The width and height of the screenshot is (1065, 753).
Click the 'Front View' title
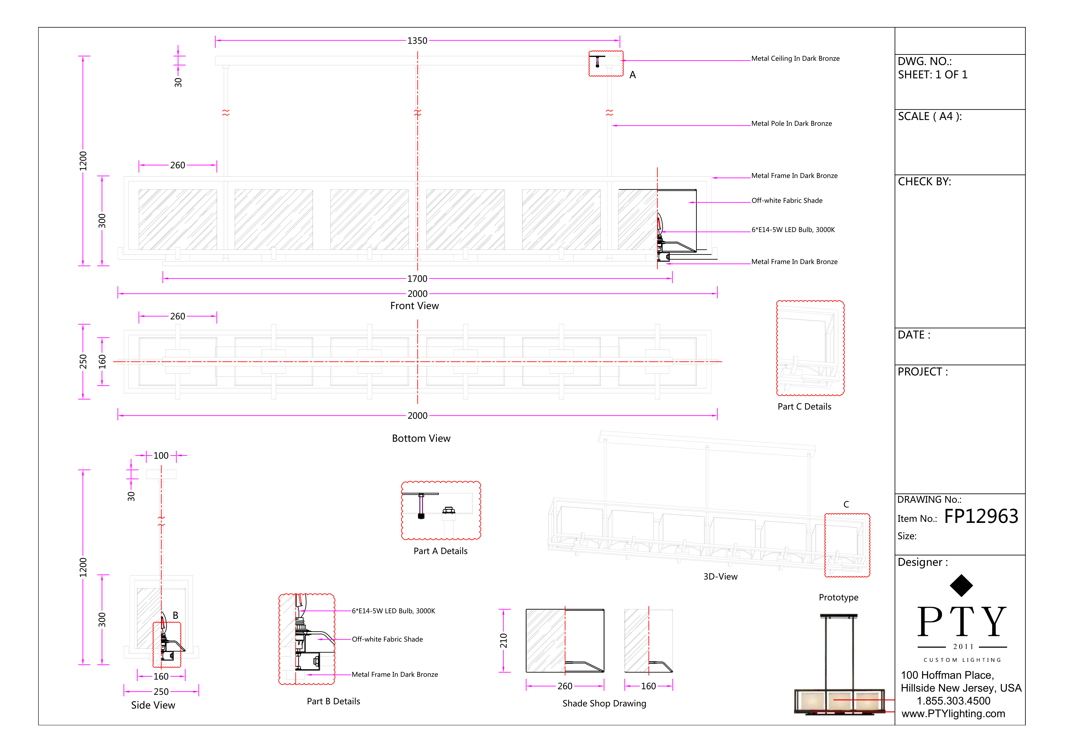pyautogui.click(x=414, y=306)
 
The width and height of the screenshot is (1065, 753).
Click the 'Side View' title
pyautogui.click(x=153, y=705)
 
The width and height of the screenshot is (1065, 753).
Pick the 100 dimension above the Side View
pyautogui.click(x=161, y=456)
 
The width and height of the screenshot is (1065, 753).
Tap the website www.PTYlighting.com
pyautogui.click(x=953, y=714)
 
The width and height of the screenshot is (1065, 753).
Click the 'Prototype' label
pyautogui.click(x=838, y=598)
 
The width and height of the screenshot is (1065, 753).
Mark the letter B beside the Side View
pyautogui.click(x=175, y=615)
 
